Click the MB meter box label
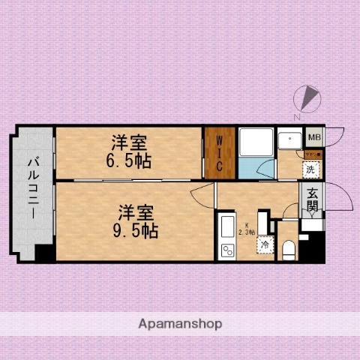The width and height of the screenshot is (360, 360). point(315,137)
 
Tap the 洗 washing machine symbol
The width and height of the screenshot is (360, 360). point(310,169)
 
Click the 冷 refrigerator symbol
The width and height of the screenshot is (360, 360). point(265,244)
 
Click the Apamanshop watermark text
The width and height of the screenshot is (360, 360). point(180,324)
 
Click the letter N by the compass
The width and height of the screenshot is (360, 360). point(298,116)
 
